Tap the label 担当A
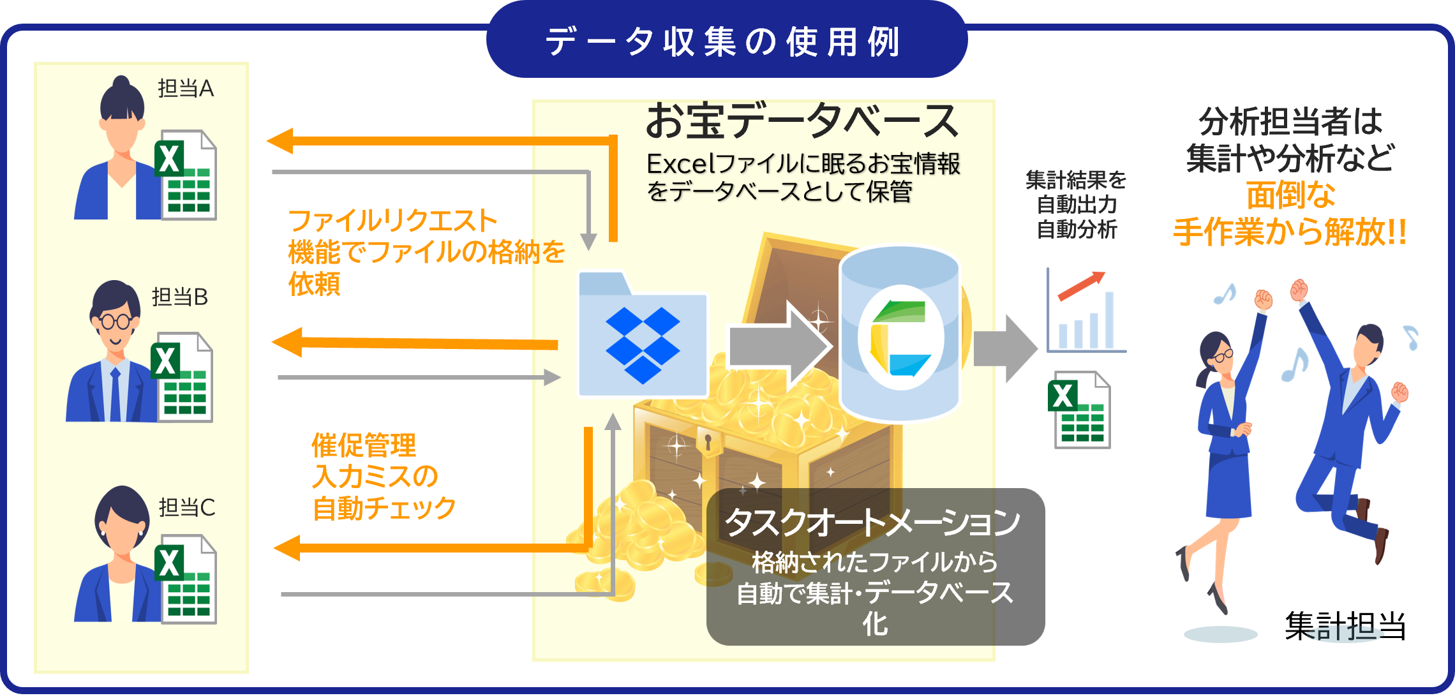185,89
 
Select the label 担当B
180,297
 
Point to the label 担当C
186,508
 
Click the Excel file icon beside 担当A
186,175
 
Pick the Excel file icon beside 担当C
186,579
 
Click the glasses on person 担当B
115,321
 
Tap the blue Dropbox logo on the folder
642,345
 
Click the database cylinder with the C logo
900,335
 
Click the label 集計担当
1345,625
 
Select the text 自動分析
1077,229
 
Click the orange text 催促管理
364,445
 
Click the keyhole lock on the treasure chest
708,440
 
